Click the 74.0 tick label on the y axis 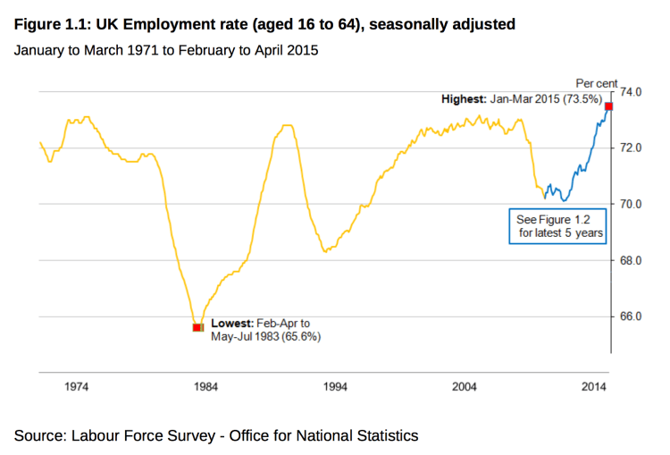point(632,91)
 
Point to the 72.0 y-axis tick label point(632,147)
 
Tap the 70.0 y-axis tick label point(632,204)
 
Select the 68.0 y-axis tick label point(632,260)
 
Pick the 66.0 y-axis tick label point(632,316)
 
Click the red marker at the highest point point(609,106)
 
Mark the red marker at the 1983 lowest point point(197,328)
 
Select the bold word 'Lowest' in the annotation point(230,323)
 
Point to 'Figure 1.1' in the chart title point(48,24)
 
